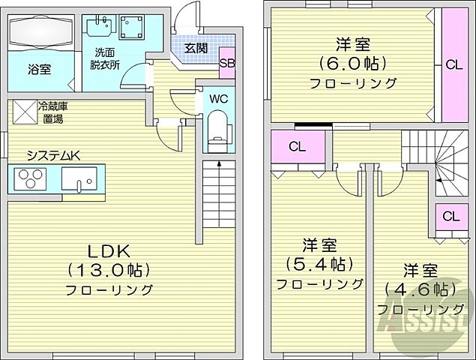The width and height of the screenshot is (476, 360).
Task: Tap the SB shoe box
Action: (227, 64)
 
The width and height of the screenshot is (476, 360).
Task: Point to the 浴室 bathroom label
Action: (40, 70)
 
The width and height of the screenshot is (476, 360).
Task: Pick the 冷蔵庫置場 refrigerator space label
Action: (53, 112)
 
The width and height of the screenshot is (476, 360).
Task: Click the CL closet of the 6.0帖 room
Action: (453, 64)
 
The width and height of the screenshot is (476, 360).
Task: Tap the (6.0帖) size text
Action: (342, 63)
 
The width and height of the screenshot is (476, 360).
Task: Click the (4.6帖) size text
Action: (419, 289)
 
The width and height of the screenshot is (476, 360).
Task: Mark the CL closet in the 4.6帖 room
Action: (451, 217)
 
